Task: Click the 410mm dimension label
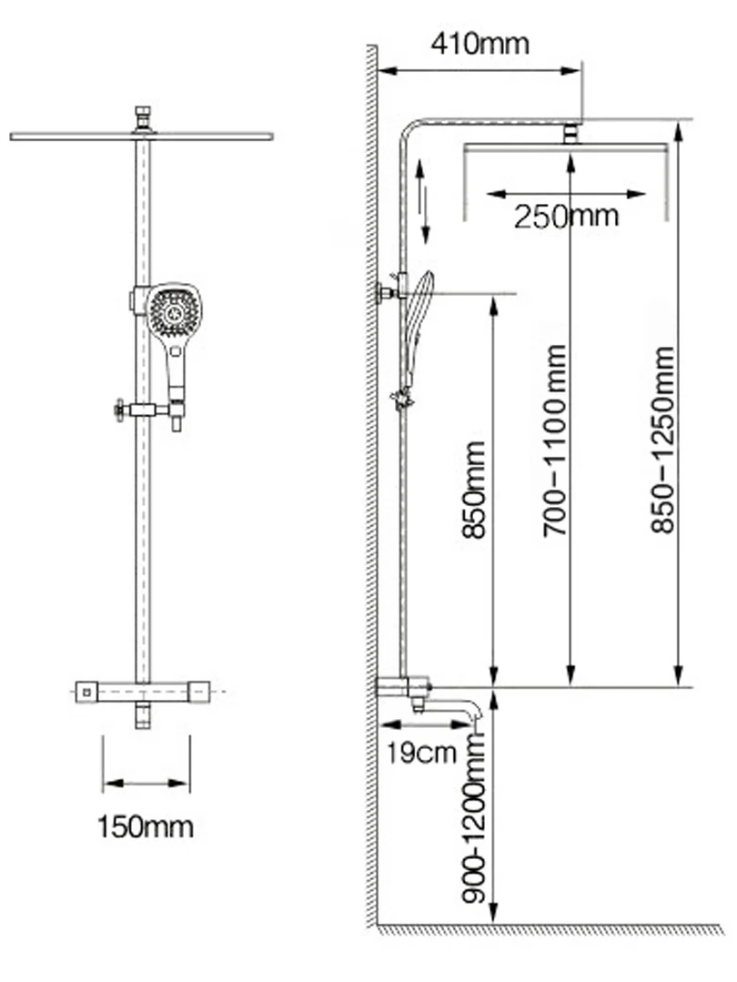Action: [480, 44]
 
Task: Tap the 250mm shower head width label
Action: [566, 216]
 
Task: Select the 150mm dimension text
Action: [146, 826]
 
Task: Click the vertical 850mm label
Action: [473, 490]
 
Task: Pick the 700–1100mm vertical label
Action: [555, 440]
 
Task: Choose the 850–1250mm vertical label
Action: [662, 440]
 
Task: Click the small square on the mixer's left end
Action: [86, 692]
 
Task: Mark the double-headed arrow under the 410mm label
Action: [480, 70]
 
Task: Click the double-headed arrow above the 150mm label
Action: [146, 783]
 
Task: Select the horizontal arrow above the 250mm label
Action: [565, 194]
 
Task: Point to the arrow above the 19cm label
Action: [425, 724]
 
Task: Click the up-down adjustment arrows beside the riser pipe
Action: [423, 200]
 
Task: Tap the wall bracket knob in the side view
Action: [381, 292]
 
